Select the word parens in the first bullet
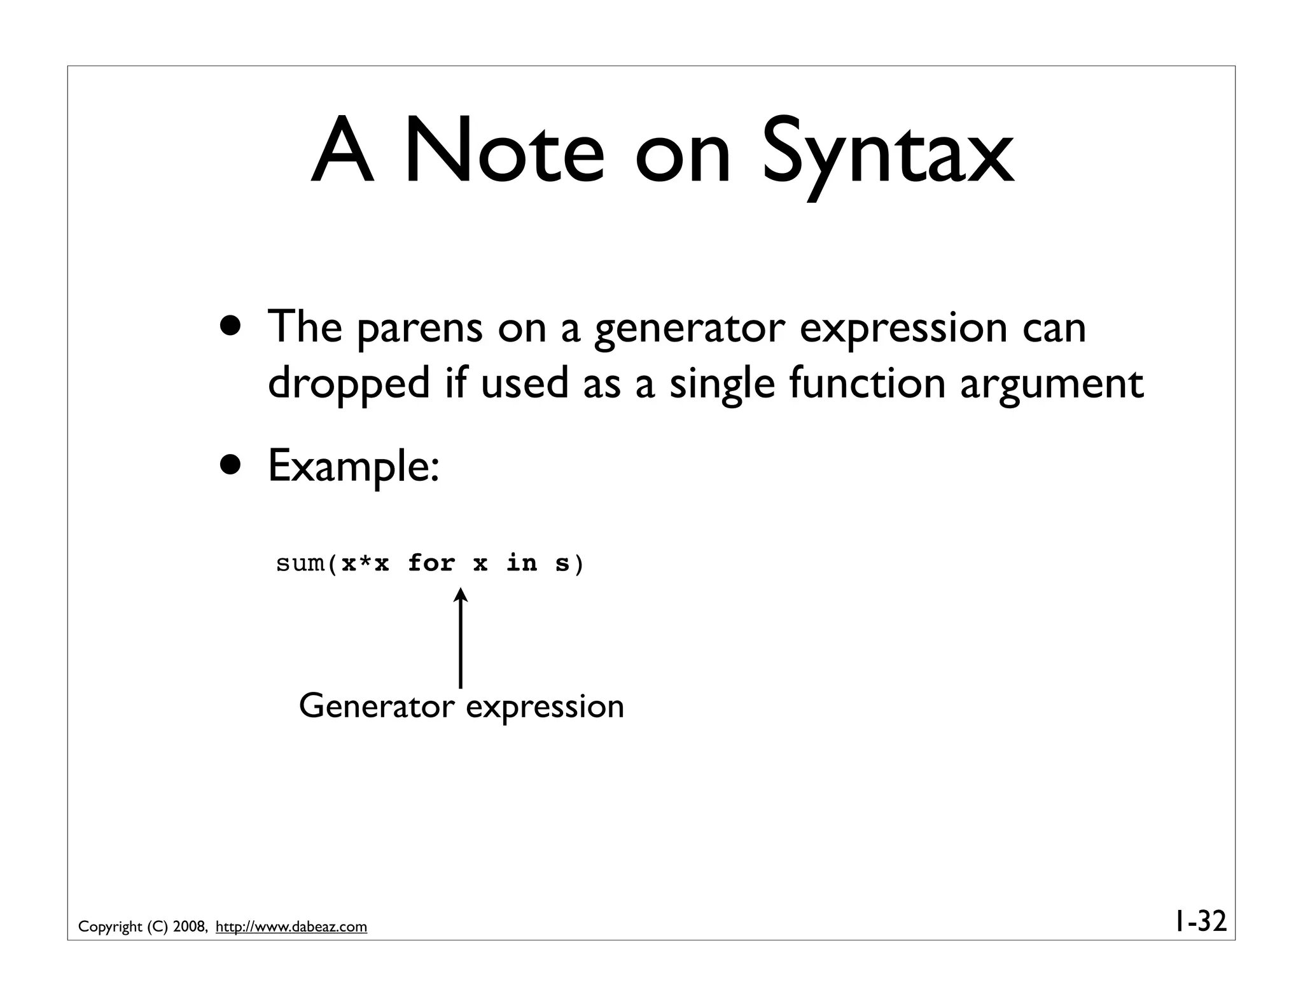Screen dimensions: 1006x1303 (x=419, y=329)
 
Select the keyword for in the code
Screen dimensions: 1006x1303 (x=431, y=563)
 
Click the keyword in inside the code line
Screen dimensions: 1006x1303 (x=522, y=563)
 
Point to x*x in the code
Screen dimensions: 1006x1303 (x=365, y=563)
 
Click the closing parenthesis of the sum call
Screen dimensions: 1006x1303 (x=578, y=564)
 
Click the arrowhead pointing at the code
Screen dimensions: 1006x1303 (x=460, y=595)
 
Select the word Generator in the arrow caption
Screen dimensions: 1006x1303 (x=377, y=707)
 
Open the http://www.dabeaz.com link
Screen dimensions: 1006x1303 (x=291, y=927)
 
